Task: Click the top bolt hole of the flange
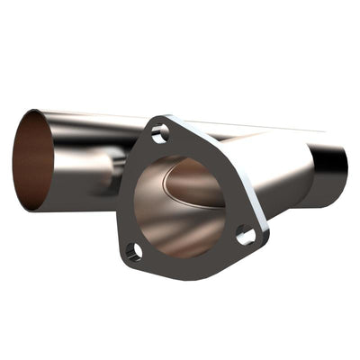point(160,134)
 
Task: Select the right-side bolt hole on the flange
point(246,236)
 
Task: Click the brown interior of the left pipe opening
point(31,160)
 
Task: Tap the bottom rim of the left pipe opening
point(36,210)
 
